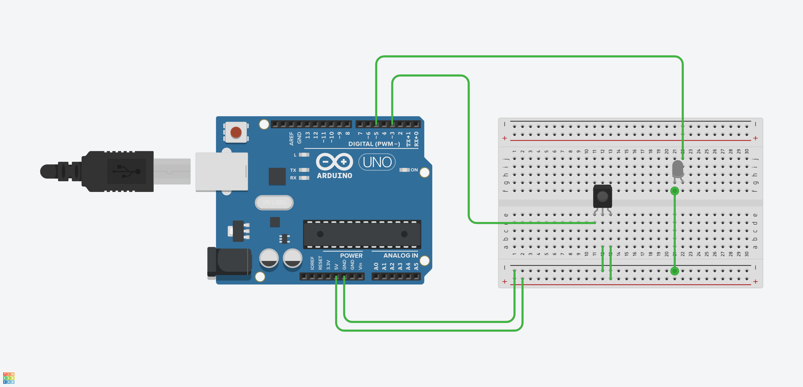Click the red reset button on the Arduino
click(236, 132)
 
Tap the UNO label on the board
click(377, 162)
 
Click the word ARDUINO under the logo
click(335, 175)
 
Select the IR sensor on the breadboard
click(602, 196)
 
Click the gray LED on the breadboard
click(678, 169)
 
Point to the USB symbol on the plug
click(126, 171)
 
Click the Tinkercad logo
click(9, 378)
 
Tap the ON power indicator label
click(414, 170)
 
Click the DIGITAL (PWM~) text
click(374, 144)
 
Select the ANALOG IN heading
click(400, 255)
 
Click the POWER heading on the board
click(351, 255)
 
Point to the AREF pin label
click(291, 139)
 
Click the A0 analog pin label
click(376, 266)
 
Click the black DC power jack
click(230, 262)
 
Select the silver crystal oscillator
click(274, 202)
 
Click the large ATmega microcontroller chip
click(362, 234)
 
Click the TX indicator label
click(293, 170)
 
